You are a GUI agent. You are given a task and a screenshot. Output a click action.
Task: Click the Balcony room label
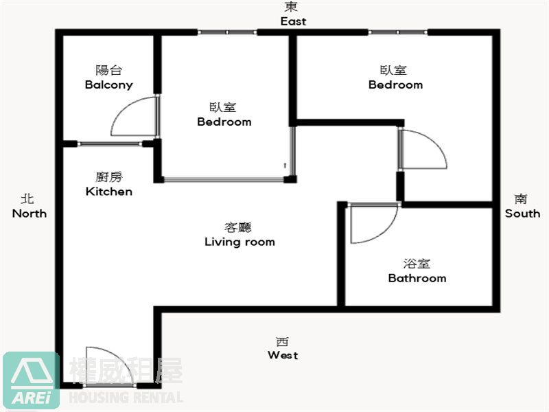coord(109,84)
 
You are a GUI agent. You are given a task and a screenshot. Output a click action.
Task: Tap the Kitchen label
coord(109,192)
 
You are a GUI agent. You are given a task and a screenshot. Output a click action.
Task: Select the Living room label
coord(240,242)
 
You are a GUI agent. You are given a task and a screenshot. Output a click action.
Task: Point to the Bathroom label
coord(417,278)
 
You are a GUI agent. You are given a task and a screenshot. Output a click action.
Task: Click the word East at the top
coord(294,21)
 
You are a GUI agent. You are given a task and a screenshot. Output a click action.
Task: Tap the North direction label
coord(30,214)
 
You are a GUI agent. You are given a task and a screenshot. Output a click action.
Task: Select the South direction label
coord(522,214)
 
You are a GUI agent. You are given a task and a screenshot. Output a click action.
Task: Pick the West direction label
coord(283,355)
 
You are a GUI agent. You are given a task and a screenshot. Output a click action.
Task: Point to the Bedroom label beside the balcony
coord(224,122)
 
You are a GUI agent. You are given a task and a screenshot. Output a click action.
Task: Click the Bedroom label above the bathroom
coord(396,84)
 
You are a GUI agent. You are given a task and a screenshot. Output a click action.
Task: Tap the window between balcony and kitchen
coord(110,144)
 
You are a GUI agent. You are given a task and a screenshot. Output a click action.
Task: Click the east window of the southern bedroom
coord(398,32)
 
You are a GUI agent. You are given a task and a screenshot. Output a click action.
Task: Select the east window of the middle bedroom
coord(227,32)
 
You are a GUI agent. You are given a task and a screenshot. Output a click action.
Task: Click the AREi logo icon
coord(31,380)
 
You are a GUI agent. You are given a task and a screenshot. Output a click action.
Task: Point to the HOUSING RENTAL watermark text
coord(126,398)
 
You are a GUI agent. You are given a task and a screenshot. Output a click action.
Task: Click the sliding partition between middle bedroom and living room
coord(224,179)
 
